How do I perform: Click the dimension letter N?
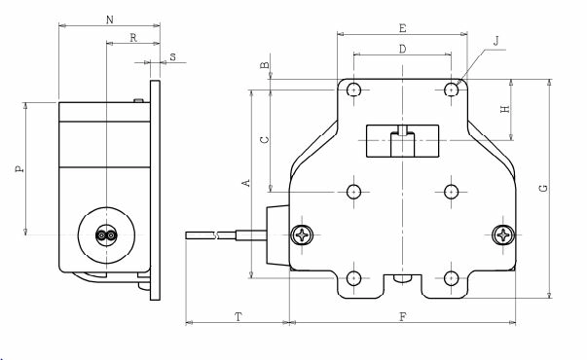pyautogui.click(x=110, y=19)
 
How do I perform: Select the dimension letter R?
pyautogui.click(x=133, y=38)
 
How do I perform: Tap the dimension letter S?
pyautogui.click(x=172, y=57)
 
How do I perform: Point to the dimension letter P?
pyautogui.click(x=19, y=168)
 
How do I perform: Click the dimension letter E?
pyautogui.click(x=402, y=28)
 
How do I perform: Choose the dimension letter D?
pyautogui.click(x=402, y=49)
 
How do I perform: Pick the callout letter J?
pyautogui.click(x=496, y=41)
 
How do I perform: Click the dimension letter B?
pyautogui.click(x=265, y=65)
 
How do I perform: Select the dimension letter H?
pyautogui.click(x=505, y=109)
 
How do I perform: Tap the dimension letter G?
pyautogui.click(x=543, y=188)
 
